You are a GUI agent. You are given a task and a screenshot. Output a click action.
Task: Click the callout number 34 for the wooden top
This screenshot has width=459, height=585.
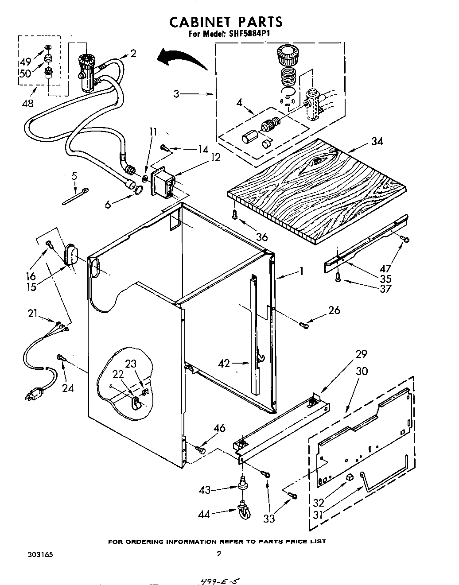[x=377, y=142]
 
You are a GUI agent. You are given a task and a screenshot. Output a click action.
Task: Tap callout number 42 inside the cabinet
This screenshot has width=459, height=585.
[x=225, y=364]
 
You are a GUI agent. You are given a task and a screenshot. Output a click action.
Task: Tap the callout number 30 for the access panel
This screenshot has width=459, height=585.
[x=362, y=371]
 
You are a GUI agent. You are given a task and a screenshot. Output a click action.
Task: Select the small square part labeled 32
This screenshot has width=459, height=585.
[x=349, y=477]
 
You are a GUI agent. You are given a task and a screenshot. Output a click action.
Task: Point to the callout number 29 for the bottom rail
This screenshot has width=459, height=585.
[x=362, y=354]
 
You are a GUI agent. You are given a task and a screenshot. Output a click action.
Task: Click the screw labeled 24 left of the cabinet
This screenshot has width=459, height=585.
[x=60, y=357]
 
